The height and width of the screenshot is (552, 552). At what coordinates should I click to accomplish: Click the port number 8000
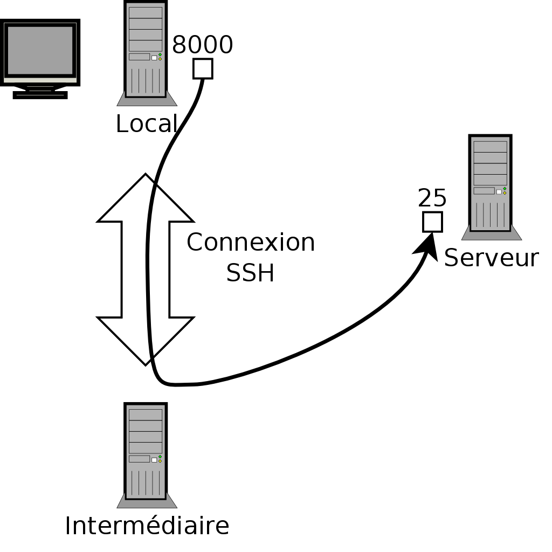202,45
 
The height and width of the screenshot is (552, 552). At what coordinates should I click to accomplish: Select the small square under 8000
203,68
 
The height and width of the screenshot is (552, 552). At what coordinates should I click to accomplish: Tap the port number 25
432,198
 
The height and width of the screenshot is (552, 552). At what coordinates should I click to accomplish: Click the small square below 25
432,222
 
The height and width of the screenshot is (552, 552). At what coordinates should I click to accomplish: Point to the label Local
146,124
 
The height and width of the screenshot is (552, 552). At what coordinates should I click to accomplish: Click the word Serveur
491,258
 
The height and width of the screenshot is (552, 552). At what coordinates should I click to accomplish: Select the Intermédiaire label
147,526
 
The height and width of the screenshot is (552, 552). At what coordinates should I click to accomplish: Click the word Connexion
251,243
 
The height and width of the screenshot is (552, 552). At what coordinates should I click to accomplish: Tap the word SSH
250,273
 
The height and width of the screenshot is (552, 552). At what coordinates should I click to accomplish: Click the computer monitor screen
40,50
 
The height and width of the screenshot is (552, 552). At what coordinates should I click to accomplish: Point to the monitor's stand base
40,95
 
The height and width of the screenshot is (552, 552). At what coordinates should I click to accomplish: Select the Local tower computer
146,50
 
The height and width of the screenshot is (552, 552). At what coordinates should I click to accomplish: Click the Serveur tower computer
491,183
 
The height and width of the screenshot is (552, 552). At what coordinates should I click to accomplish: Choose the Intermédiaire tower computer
146,452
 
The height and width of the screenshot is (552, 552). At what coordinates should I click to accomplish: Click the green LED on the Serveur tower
505,189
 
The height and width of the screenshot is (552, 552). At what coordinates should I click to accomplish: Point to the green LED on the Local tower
160,55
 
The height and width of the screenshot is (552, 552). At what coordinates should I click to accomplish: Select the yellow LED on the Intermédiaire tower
160,461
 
